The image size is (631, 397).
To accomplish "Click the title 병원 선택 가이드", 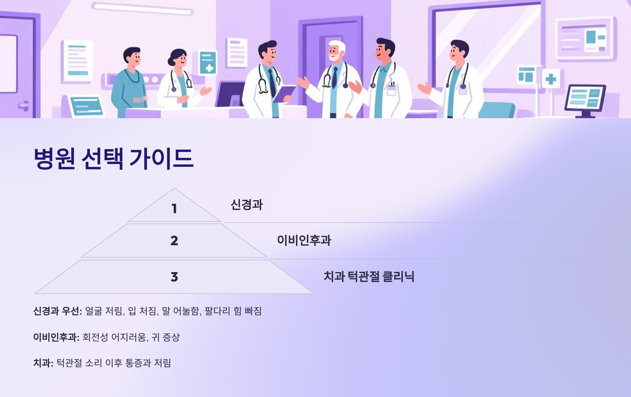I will [x=114, y=158].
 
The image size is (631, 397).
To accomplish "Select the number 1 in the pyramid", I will [x=174, y=209].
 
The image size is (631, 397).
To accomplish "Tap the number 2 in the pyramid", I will [x=174, y=241].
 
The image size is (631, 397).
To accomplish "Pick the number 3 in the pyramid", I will [x=174, y=277].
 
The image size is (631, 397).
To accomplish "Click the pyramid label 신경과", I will [x=247, y=205].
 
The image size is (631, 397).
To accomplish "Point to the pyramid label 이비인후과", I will [x=304, y=240].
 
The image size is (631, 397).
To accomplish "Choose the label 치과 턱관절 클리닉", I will [x=369, y=276].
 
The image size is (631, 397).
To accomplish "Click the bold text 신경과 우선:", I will [x=58, y=311].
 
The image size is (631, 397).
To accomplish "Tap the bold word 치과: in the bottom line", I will [x=43, y=363].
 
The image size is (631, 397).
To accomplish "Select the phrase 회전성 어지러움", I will [x=114, y=337].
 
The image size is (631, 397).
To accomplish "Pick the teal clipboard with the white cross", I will [x=208, y=63].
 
